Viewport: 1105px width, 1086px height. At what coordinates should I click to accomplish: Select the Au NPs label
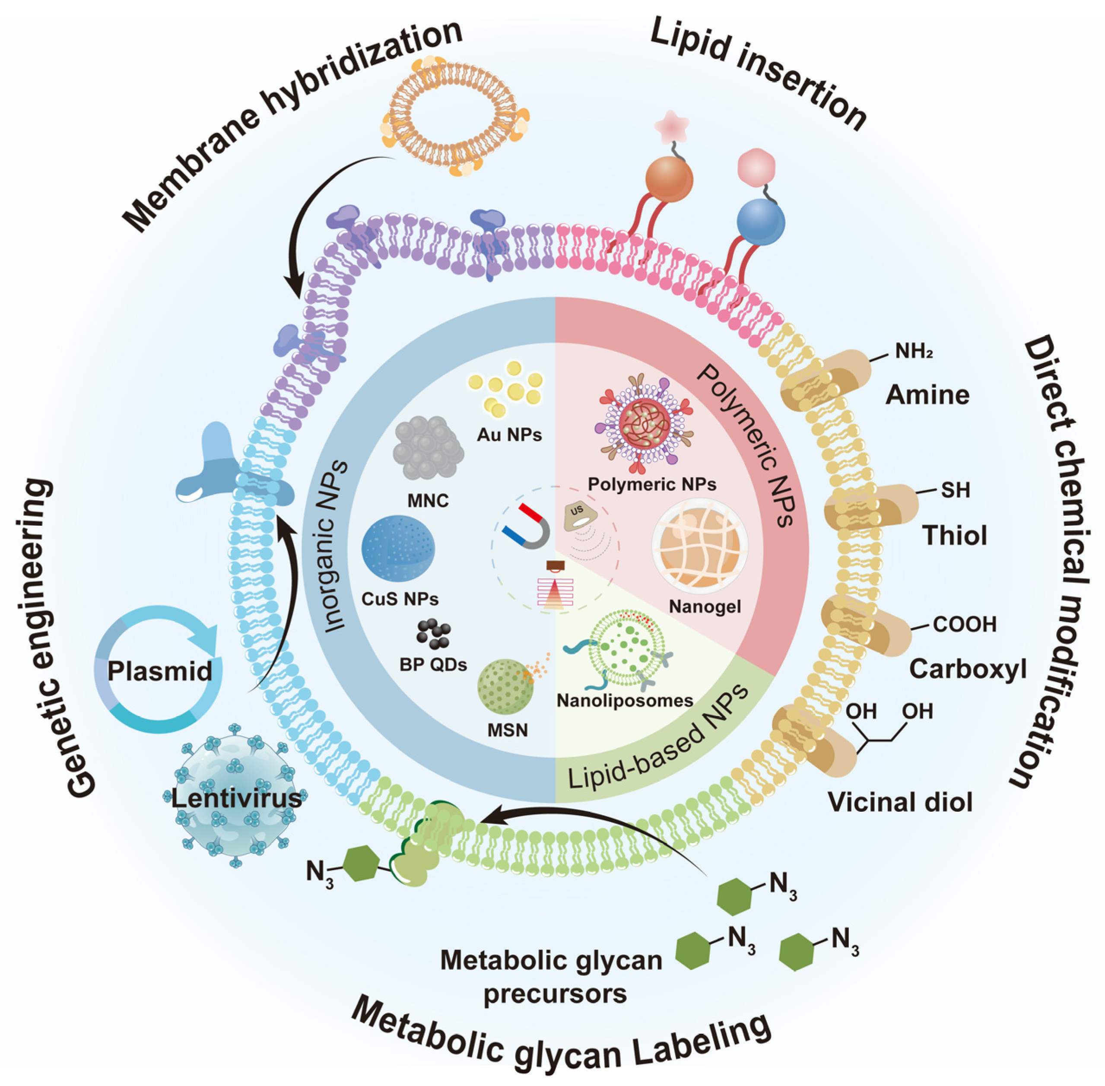pos(509,435)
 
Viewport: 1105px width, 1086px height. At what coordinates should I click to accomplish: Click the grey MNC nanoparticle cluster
pos(428,448)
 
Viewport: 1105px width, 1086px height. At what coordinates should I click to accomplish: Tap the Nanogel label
pos(705,607)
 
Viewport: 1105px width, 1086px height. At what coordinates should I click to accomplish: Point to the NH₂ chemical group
pos(913,351)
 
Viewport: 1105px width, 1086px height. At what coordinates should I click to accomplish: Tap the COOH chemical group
pos(964,625)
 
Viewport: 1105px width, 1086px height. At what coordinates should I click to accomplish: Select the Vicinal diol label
pos(900,802)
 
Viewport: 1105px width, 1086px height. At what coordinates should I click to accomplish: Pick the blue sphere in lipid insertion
pos(760,222)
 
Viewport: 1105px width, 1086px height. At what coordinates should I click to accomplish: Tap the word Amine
pos(927,395)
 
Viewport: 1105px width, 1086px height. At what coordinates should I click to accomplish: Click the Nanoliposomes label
pos(625,700)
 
